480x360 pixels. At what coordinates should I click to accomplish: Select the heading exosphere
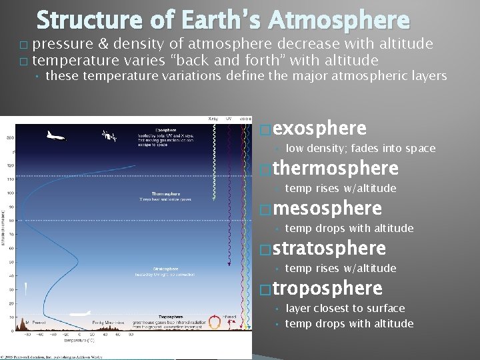tap(319, 128)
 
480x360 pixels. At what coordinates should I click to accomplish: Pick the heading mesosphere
tap(327, 208)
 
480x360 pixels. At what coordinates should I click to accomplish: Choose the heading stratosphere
tap(329, 248)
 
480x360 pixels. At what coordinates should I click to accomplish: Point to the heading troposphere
tap(327, 288)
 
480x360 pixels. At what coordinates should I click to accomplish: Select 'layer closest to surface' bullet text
tap(345, 308)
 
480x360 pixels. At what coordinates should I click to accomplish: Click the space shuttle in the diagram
tap(55, 136)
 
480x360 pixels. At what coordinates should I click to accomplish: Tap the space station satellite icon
tap(108, 136)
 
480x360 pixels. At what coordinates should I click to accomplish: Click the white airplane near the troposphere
tap(79, 313)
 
